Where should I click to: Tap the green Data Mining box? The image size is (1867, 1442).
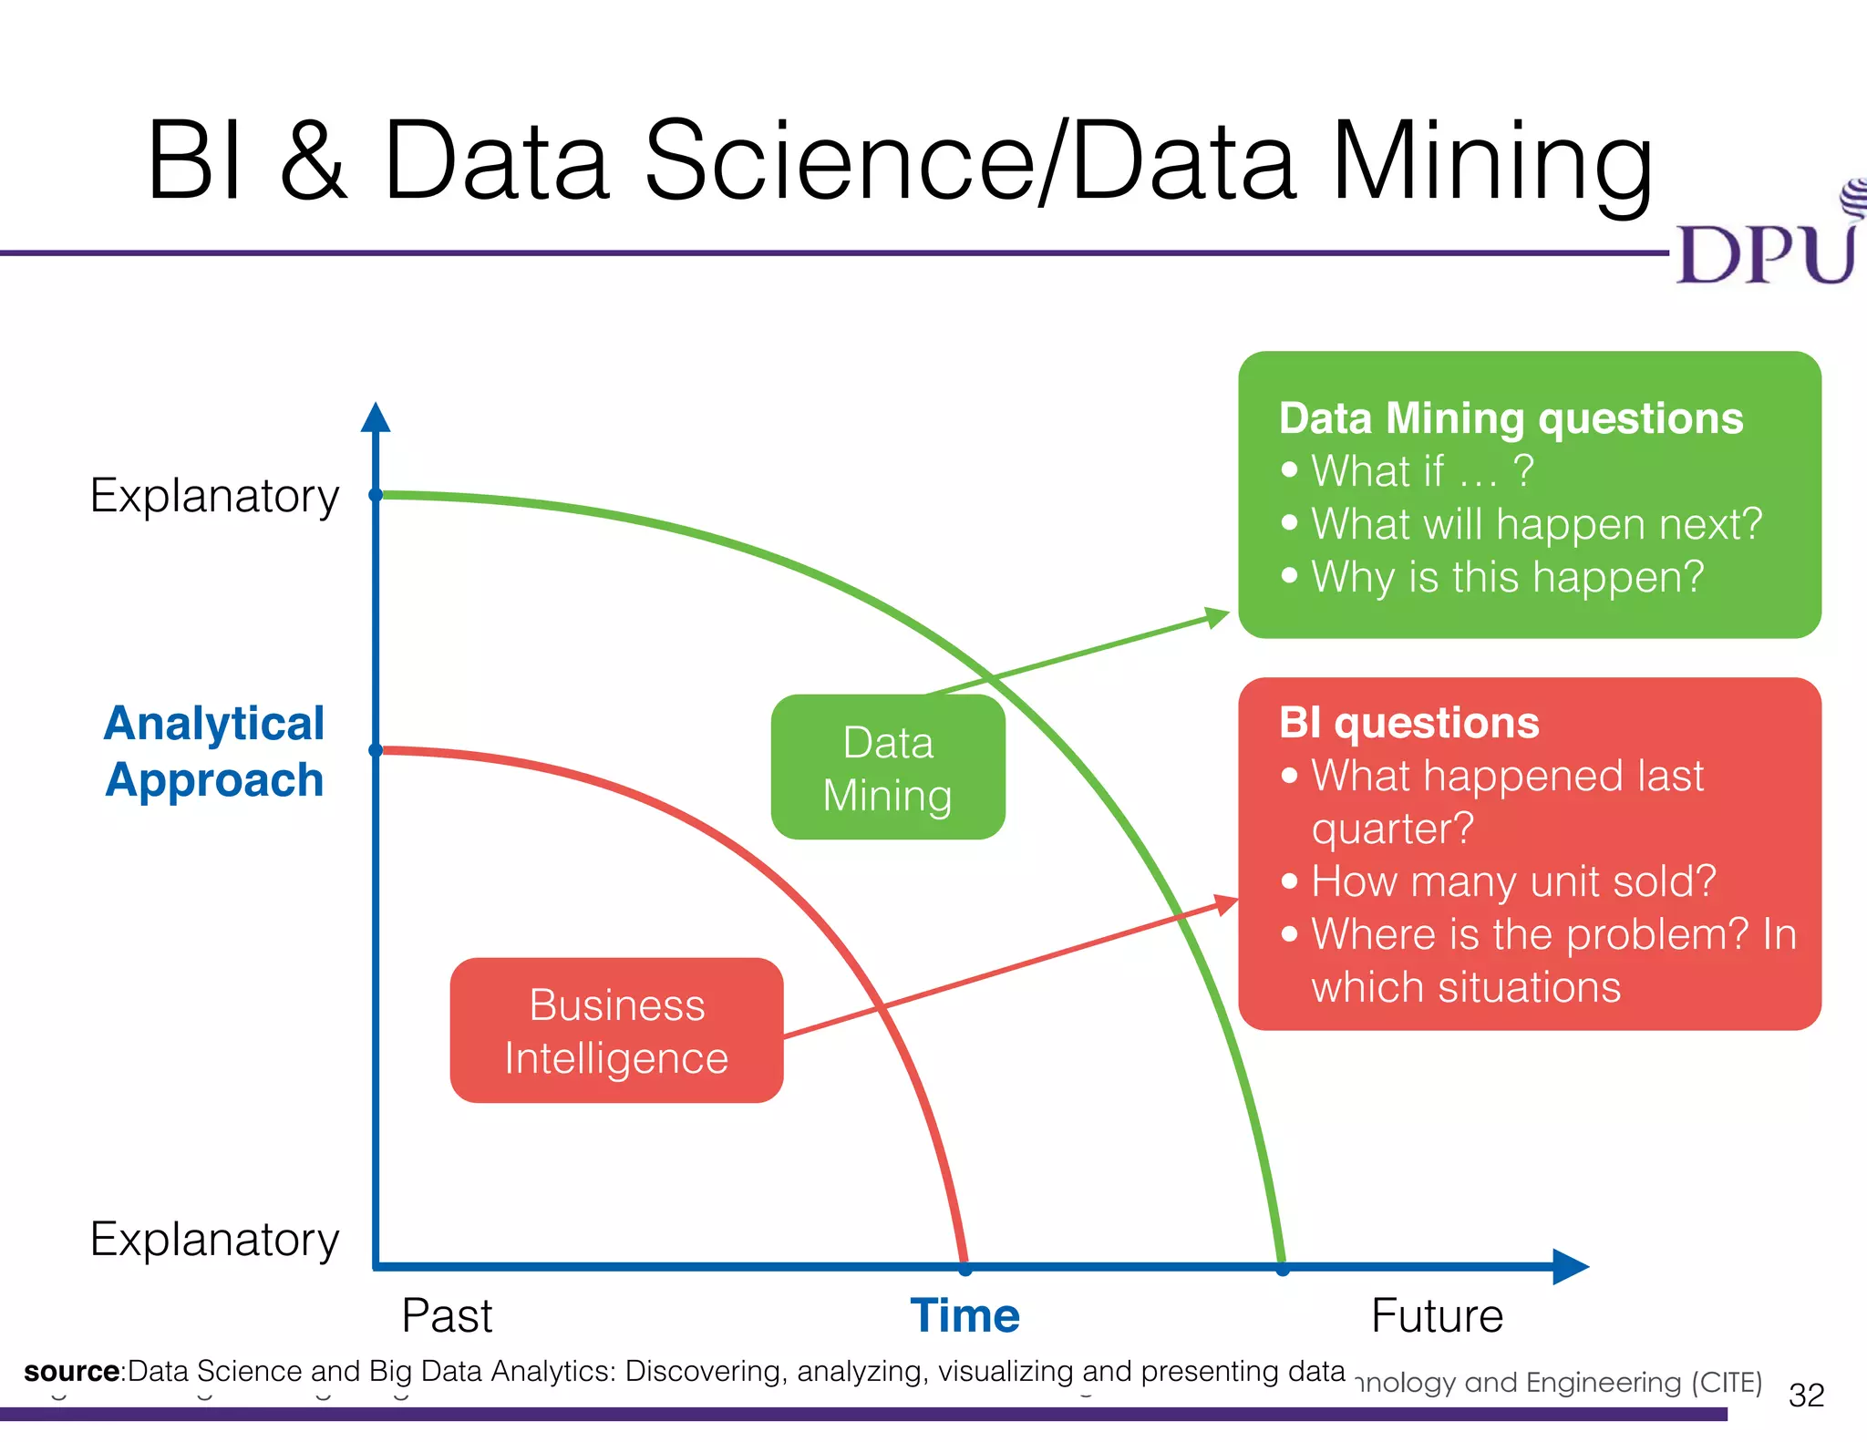tap(888, 767)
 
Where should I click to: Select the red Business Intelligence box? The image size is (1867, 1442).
tap(617, 1031)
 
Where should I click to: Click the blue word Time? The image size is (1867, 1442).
tap(964, 1315)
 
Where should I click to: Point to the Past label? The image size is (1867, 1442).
tap(447, 1315)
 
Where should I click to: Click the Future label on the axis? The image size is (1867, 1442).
tap(1437, 1315)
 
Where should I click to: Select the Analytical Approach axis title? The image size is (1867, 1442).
tap(214, 751)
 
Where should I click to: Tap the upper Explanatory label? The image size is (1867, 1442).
tap(214, 496)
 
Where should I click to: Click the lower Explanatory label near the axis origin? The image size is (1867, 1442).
tap(214, 1240)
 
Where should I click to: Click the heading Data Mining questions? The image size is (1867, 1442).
tap(1511, 418)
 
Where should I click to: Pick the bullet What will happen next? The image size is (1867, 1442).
tap(1536, 524)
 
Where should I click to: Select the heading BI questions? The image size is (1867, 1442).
tap(1408, 723)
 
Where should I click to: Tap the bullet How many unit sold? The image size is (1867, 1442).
tap(1513, 881)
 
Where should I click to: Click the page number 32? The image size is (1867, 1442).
tap(1806, 1395)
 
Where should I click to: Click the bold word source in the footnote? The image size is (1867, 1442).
tap(71, 1371)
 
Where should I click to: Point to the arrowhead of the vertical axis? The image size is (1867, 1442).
tap(376, 417)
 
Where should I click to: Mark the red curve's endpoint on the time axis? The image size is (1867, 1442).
tap(965, 1267)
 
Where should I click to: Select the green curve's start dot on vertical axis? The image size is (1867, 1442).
tap(376, 495)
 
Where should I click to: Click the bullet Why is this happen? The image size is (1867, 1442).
tap(1507, 577)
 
